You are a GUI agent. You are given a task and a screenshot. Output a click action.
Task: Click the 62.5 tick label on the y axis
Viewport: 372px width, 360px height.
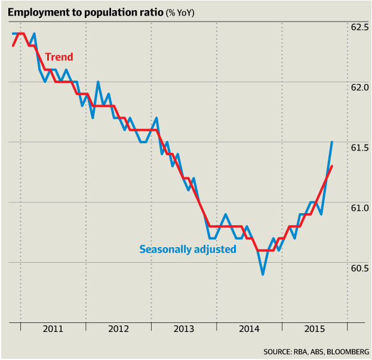359,27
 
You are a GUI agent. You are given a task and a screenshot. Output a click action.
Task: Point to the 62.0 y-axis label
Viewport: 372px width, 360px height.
359,87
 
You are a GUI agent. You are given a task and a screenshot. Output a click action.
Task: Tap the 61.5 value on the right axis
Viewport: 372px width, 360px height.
359,147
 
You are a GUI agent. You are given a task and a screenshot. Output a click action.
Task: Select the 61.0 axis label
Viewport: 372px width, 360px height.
359,208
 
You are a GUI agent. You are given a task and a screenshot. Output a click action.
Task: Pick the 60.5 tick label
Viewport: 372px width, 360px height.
359,268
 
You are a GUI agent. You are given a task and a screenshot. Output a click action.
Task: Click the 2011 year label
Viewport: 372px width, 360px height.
53,329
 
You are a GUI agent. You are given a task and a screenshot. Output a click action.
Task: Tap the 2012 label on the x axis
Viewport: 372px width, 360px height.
119,329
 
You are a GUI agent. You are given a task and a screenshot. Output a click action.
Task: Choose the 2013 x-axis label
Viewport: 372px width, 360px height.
185,329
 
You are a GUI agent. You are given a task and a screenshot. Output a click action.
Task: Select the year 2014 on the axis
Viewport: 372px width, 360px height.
250,329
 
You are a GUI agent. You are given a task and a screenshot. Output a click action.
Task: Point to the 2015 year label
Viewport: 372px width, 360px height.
315,329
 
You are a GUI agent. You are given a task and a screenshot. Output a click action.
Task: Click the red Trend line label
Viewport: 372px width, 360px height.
59,57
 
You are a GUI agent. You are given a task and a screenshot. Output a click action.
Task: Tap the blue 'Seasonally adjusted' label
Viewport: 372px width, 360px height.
187,249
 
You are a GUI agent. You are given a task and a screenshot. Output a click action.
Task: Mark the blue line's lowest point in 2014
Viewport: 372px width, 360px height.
263,274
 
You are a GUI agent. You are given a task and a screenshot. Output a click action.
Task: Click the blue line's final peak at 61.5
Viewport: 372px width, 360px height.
332,142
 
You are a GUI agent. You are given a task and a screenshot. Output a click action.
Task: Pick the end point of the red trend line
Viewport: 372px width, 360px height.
332,166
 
